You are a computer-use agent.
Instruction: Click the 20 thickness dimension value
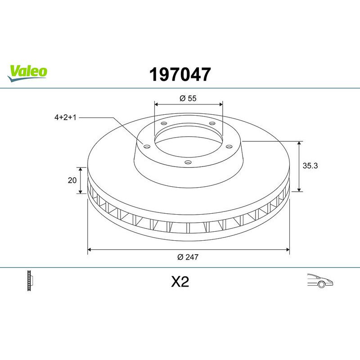(x=71, y=180)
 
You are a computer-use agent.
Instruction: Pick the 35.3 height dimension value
(x=310, y=166)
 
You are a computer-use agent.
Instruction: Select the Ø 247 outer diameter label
(x=188, y=257)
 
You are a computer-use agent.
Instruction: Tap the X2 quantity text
(x=180, y=282)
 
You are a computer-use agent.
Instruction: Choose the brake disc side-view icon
(x=31, y=281)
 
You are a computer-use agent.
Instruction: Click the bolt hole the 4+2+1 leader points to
(x=146, y=145)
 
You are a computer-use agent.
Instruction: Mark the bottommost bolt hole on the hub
(x=188, y=162)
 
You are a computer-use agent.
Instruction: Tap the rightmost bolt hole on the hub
(x=229, y=145)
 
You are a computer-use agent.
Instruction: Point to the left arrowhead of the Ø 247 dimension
(x=90, y=248)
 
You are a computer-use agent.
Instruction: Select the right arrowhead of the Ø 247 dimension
(x=287, y=248)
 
